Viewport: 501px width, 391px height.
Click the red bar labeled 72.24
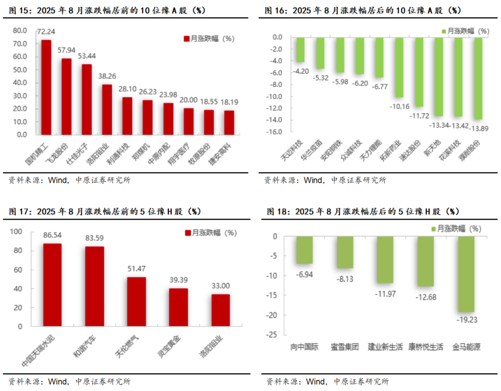[46, 87]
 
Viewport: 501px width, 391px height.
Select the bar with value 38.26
[107, 109]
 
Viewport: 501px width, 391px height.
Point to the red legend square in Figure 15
[186, 39]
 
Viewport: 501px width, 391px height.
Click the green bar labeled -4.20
[300, 50]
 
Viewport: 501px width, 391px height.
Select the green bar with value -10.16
[399, 67]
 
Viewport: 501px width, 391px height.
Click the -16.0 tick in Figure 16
[275, 132]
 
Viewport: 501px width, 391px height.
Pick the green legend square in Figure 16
[442, 32]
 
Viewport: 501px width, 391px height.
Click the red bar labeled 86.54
[53, 285]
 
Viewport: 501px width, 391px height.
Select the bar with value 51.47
[136, 302]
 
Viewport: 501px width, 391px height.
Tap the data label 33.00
[220, 287]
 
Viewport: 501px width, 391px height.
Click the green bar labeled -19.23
[466, 274]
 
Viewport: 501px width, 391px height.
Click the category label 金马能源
[466, 347]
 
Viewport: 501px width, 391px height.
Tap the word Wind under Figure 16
[314, 180]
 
